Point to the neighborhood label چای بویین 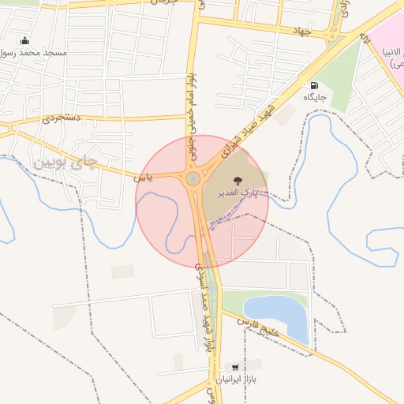tap(67, 163)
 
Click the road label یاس tap(143, 178)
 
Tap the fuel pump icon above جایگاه tap(315, 86)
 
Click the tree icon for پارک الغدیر tap(239, 179)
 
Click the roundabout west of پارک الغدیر tap(193, 180)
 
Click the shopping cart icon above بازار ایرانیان tap(234, 367)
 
